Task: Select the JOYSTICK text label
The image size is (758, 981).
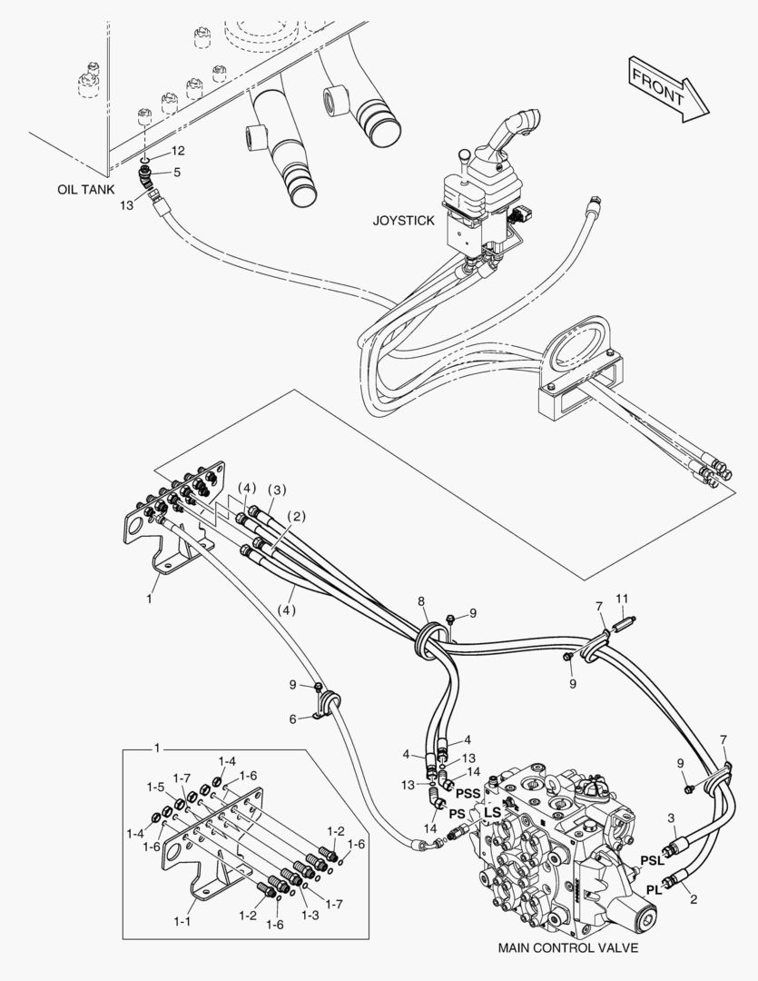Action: coord(403,221)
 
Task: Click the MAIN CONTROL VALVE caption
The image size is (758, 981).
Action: coord(568,947)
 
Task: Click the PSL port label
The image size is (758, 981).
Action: coord(652,859)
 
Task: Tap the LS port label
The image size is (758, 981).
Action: coord(492,810)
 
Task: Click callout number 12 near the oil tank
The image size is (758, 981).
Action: coord(178,150)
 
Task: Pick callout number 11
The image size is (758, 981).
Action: coord(621,598)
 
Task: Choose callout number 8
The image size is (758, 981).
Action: coord(420,601)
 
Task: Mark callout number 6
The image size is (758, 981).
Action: coord(292,718)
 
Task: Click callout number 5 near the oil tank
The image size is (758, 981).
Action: coord(177,172)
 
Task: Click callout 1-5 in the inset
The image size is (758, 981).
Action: coord(154,786)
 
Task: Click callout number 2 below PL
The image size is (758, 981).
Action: coord(694,899)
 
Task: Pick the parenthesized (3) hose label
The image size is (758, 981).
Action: coord(276,490)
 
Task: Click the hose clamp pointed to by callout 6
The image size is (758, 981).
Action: coord(329,704)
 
